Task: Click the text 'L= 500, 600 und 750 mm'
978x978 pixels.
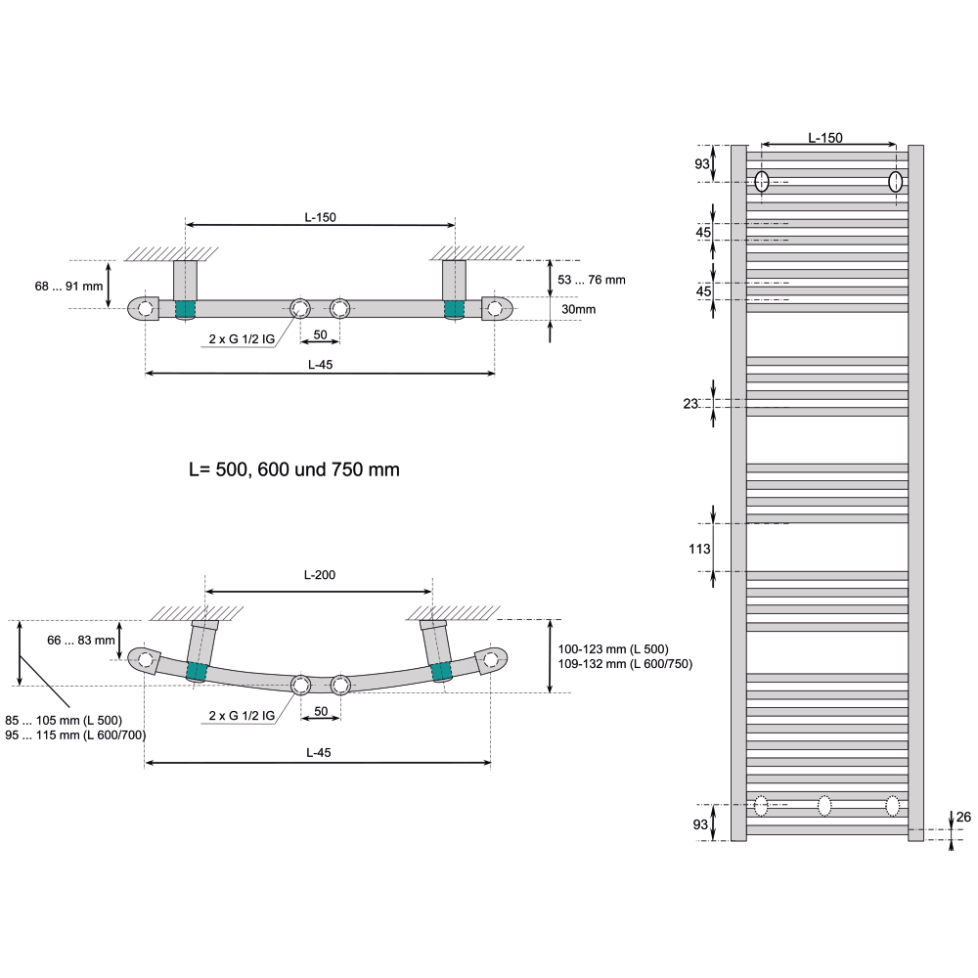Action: [x=293, y=469]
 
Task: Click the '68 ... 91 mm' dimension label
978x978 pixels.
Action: [x=68, y=287]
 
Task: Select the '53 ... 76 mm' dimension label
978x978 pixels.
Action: [x=592, y=280]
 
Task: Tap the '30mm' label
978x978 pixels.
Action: [x=578, y=309]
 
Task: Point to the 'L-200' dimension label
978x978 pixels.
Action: [x=320, y=575]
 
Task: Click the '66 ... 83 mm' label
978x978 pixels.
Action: [x=81, y=641]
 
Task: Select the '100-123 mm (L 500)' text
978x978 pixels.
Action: [x=613, y=649]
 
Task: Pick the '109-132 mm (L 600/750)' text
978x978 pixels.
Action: [x=625, y=664]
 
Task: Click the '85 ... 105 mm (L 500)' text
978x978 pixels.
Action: [x=64, y=721]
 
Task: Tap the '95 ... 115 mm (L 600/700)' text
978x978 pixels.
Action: [x=75, y=735]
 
